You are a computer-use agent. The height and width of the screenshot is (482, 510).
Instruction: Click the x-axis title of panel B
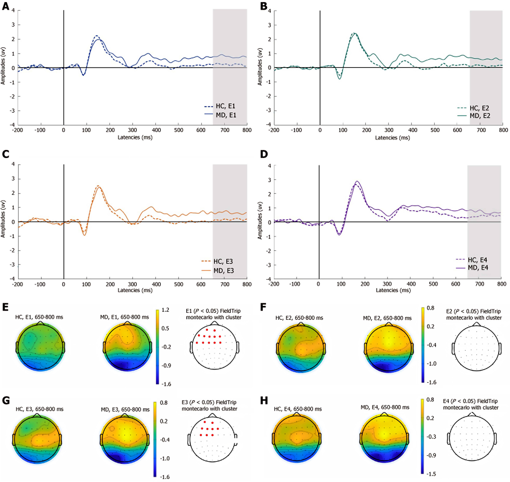[392, 138]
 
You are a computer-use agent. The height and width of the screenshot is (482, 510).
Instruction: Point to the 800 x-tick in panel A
[247, 130]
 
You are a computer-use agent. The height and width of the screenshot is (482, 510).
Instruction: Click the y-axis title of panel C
[3, 219]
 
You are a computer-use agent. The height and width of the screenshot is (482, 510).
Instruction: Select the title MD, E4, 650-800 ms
[385, 407]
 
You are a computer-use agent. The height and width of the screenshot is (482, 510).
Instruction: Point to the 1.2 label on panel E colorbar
[165, 310]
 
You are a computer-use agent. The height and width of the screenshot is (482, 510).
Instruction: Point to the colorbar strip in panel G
[155, 439]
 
